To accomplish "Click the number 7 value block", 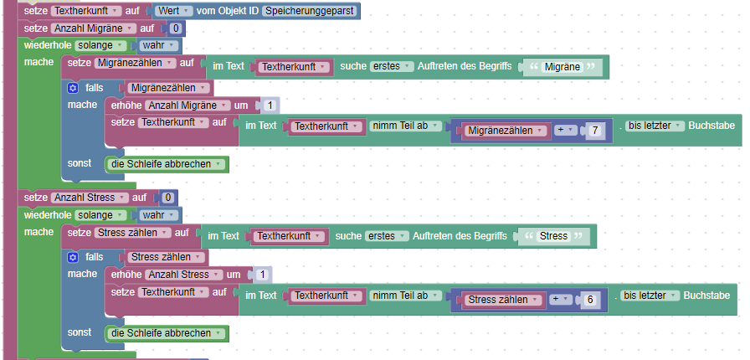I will point(594,130).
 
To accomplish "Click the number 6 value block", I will point(590,299).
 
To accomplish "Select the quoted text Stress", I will point(554,236).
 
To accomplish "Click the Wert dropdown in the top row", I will point(174,11).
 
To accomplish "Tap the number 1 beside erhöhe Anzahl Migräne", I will point(270,105).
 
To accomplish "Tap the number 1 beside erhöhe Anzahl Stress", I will point(263,275).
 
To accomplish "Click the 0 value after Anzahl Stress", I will point(167,198).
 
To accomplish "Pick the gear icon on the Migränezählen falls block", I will point(74,87).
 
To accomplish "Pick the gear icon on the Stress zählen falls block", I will point(74,256).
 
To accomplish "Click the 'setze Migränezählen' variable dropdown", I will point(136,63).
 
